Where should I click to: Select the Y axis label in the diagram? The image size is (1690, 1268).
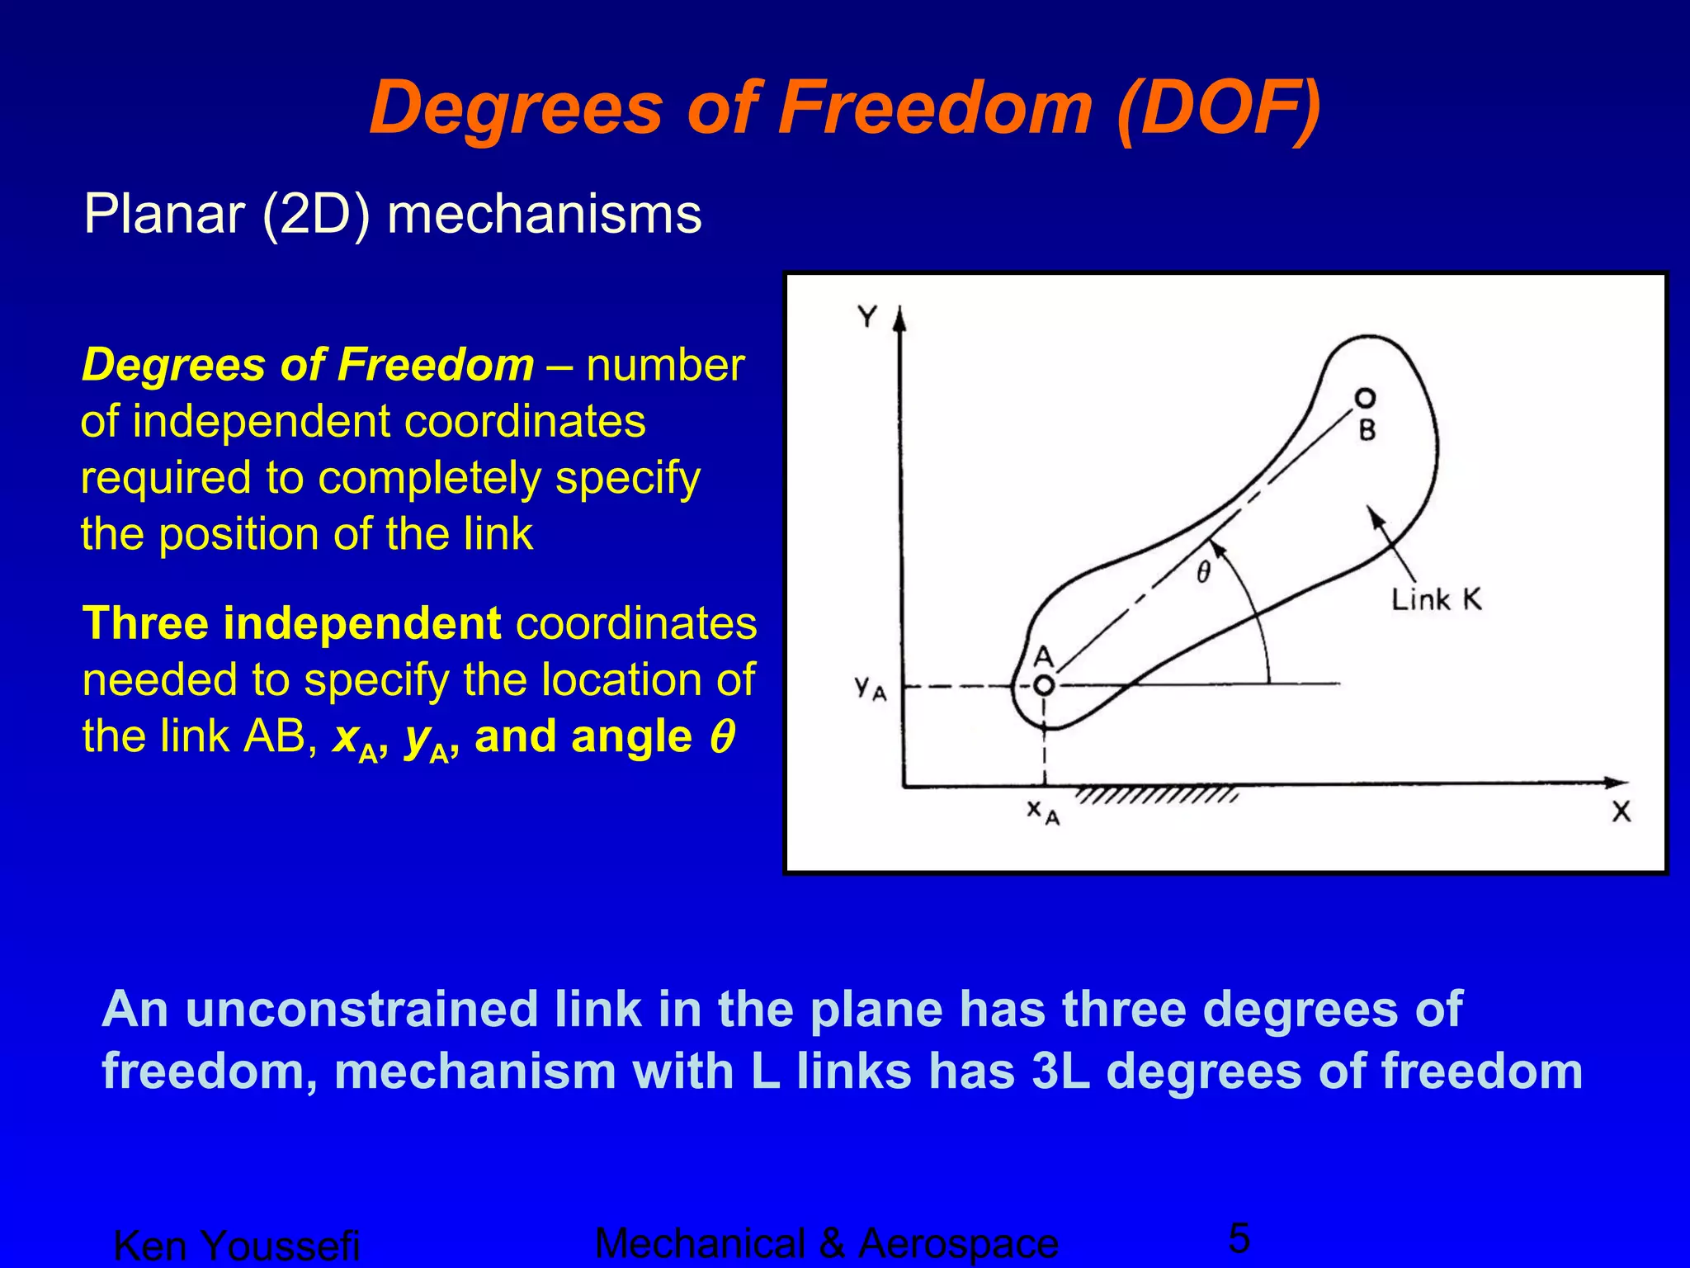(x=866, y=316)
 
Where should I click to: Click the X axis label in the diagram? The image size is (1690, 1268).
(x=1621, y=812)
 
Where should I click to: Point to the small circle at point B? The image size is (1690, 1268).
(x=1366, y=399)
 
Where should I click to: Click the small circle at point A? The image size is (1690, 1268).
(x=1044, y=685)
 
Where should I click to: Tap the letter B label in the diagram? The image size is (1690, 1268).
(x=1367, y=430)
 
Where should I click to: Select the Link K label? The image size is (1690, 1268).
(x=1436, y=599)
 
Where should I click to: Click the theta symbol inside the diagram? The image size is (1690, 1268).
(x=1204, y=572)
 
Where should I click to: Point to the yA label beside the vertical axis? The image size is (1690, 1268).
(x=870, y=687)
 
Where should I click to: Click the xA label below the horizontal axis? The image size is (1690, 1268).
(x=1042, y=812)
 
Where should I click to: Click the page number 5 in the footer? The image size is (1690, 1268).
(x=1239, y=1238)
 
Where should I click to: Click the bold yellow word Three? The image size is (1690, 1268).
(x=145, y=623)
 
